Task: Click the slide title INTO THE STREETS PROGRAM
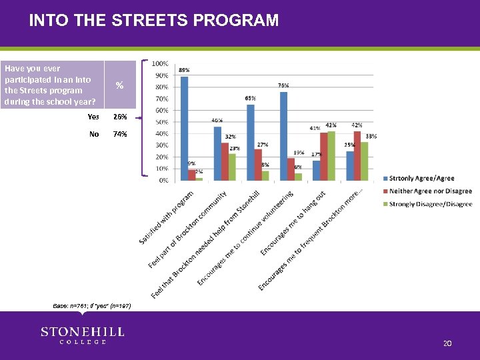point(154,20)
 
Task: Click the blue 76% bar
point(283,136)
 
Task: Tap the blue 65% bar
point(251,142)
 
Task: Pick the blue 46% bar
point(217,153)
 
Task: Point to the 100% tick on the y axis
point(160,63)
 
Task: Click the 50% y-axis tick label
point(161,122)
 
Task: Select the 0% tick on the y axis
point(163,181)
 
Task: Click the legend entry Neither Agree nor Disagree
point(430,191)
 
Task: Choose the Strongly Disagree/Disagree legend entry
point(430,204)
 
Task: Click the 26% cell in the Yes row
point(120,117)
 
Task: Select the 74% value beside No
point(120,134)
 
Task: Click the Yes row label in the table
point(93,117)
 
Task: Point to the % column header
point(119,85)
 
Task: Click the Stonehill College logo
point(82,335)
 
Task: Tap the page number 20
point(447,343)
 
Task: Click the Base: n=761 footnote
point(92,305)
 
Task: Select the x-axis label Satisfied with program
point(167,217)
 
